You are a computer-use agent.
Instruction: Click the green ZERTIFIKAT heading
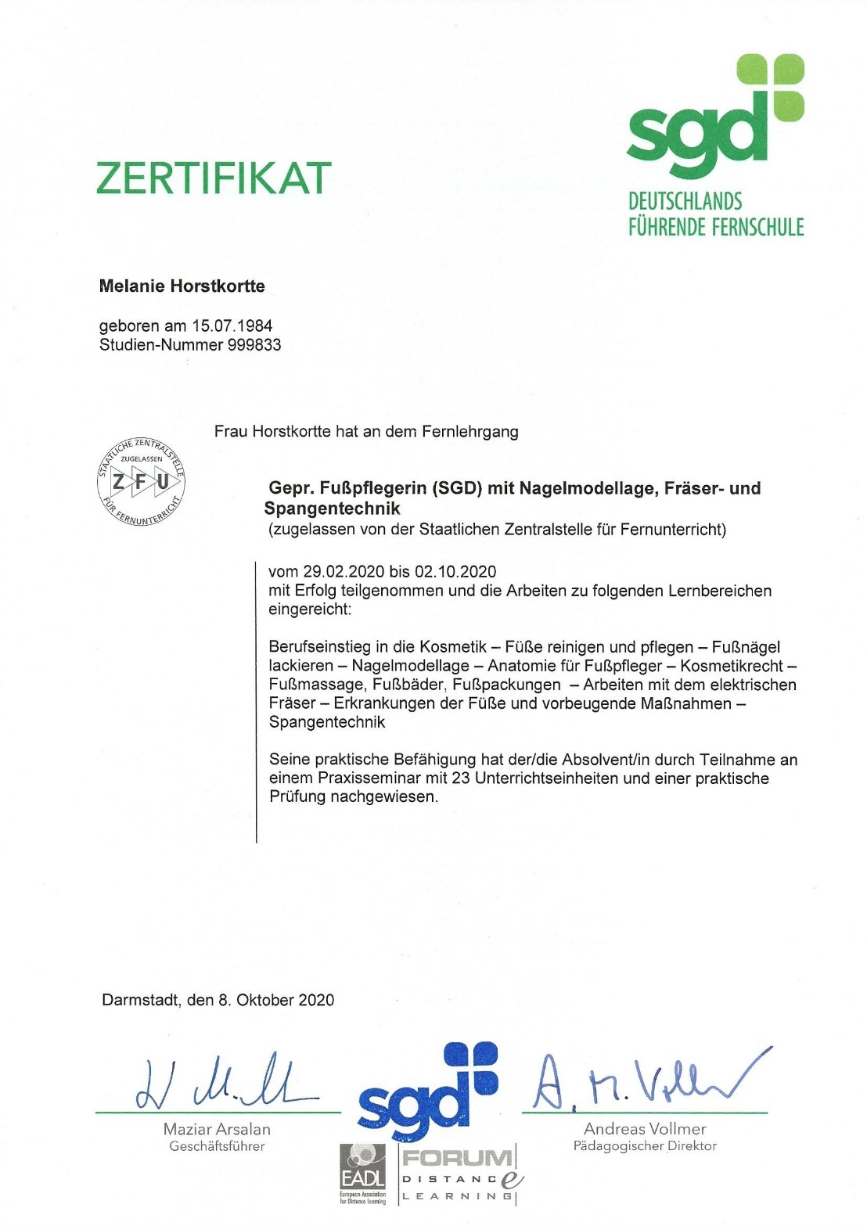click(214, 178)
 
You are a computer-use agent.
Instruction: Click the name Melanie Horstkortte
click(182, 286)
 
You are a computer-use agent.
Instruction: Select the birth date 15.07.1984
click(232, 326)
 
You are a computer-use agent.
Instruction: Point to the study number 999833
click(254, 345)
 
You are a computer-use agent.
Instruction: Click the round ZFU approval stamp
click(141, 480)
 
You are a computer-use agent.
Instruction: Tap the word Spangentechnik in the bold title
click(332, 509)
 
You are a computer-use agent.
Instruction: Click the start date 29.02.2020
click(344, 572)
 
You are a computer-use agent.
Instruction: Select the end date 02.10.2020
click(455, 572)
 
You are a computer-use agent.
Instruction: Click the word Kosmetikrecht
click(731, 666)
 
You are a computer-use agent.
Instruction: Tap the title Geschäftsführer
click(217, 1146)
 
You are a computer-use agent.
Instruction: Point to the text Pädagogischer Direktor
click(645, 1146)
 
